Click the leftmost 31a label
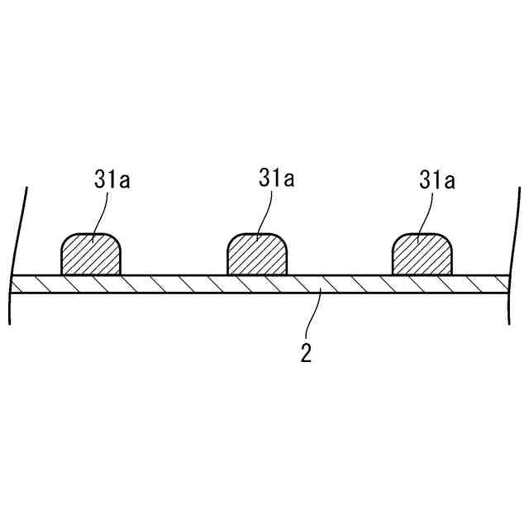pyautogui.click(x=112, y=180)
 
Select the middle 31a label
pyautogui.click(x=276, y=179)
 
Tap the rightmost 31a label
pyautogui.click(x=438, y=180)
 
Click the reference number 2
pyautogui.click(x=306, y=354)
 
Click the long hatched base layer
pyautogui.click(x=207, y=284)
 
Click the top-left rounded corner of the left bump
pyautogui.click(x=65, y=240)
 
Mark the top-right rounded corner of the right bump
pyautogui.click(x=450, y=240)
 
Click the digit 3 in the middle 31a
pyautogui.click(x=264, y=179)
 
